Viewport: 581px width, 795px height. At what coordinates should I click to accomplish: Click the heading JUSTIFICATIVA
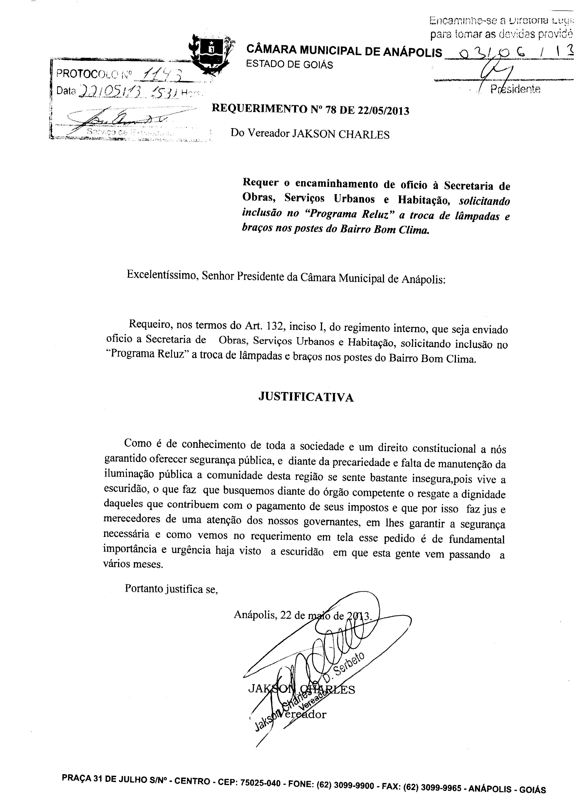(x=306, y=397)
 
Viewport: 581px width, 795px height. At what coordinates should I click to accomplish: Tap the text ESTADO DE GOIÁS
(x=289, y=65)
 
